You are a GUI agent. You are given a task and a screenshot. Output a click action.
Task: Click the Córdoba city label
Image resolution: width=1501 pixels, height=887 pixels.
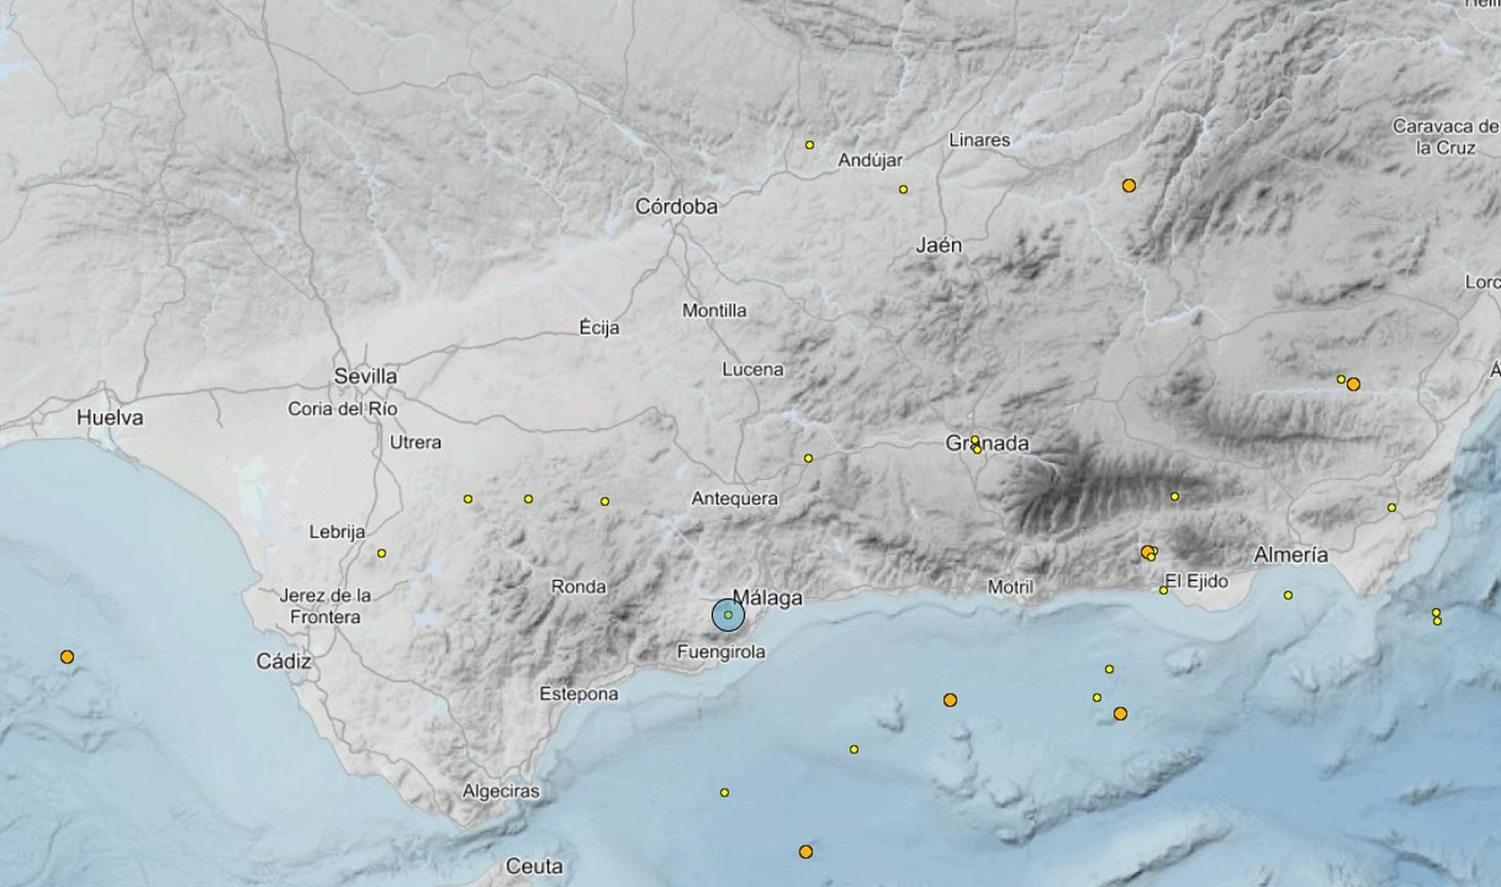point(676,206)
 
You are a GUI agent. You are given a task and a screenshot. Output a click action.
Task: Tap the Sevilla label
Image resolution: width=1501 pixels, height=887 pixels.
point(366,376)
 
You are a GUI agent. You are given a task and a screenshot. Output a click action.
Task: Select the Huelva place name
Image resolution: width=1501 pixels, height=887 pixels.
point(111,418)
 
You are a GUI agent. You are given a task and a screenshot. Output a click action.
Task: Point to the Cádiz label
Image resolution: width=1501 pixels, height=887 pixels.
point(283,662)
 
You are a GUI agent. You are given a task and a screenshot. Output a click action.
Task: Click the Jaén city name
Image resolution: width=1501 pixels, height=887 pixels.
point(939,246)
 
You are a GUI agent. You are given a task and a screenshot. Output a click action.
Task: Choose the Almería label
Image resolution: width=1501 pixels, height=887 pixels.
point(1291,555)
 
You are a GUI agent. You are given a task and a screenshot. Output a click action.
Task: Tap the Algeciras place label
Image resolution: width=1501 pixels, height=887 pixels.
point(501,791)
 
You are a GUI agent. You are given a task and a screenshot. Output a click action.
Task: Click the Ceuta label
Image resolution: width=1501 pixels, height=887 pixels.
point(534,866)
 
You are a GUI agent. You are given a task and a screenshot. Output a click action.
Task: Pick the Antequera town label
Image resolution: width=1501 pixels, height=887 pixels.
point(735,498)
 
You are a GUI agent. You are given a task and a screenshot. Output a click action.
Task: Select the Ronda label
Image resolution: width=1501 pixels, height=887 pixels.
point(578,587)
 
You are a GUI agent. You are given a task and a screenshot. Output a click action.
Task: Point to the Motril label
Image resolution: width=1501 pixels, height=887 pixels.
point(1010,588)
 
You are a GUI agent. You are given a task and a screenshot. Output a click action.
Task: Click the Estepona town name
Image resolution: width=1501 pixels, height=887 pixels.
point(579,695)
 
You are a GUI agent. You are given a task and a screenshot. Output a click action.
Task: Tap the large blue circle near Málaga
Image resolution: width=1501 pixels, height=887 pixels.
point(728,615)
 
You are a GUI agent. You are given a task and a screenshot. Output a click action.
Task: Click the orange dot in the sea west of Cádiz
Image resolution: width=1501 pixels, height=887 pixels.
point(67,657)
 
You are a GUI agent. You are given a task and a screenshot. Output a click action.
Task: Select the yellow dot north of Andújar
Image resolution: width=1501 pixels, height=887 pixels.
point(810,145)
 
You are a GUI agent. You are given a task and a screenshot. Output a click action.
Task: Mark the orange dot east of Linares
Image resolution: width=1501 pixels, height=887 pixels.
point(1129,186)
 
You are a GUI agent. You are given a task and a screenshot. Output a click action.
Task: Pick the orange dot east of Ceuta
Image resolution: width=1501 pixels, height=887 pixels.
point(806,852)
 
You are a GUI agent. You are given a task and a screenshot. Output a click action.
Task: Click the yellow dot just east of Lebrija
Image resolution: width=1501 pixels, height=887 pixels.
point(382,554)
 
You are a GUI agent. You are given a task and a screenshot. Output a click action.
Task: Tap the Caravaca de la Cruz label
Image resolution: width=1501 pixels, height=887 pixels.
point(1445,137)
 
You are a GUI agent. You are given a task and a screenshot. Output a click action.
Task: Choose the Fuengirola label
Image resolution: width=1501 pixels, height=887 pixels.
point(721,651)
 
